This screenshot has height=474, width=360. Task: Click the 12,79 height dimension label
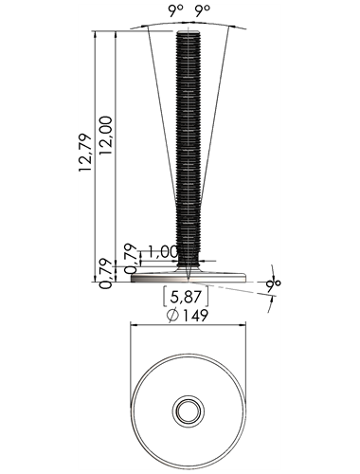point(85,153)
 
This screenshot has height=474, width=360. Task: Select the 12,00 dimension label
point(105,136)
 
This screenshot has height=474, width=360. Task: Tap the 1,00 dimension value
point(162,252)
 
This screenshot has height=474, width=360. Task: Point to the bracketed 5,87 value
point(186,297)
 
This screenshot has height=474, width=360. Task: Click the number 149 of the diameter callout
point(195,315)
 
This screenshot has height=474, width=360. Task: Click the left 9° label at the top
point(175,11)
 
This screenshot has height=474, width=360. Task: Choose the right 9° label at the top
point(203,11)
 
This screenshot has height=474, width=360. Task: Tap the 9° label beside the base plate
point(273,286)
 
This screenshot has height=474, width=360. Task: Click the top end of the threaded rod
point(188,31)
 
